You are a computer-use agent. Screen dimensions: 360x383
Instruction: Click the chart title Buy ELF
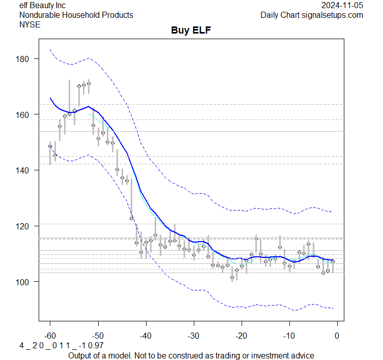pyautogui.click(x=191, y=31)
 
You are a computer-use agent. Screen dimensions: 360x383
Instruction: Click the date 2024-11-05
pyautogui.click(x=342, y=5)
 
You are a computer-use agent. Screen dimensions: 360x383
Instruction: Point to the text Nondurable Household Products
pyautogui.click(x=76, y=15)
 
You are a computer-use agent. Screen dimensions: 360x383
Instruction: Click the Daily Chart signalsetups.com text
pyautogui.click(x=312, y=15)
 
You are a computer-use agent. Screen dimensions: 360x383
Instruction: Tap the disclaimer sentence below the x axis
pyautogui.click(x=191, y=355)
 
